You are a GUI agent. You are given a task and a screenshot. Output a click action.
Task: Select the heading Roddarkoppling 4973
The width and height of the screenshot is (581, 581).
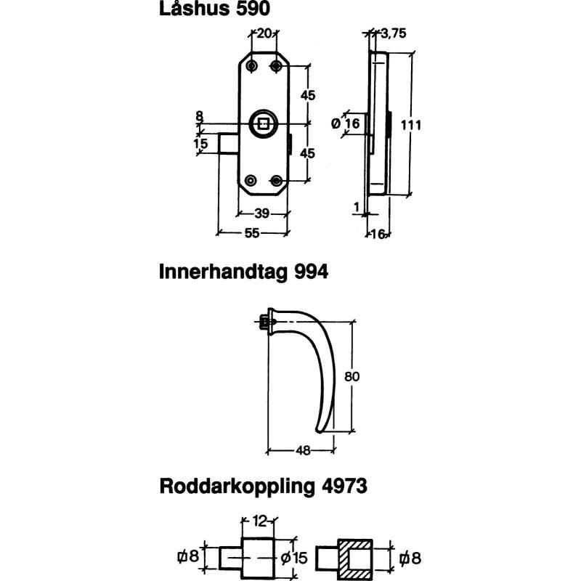click(x=263, y=486)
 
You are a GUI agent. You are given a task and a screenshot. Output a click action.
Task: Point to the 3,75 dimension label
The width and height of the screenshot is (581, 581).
click(x=393, y=33)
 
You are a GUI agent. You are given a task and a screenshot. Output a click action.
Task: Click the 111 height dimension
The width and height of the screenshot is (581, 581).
click(x=411, y=124)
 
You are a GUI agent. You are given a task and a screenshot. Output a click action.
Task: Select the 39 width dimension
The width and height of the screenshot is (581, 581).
click(x=262, y=213)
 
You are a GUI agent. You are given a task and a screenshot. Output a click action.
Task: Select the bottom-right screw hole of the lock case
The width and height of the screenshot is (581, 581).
click(x=276, y=180)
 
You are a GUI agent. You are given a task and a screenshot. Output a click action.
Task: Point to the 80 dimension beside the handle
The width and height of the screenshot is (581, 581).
click(x=353, y=376)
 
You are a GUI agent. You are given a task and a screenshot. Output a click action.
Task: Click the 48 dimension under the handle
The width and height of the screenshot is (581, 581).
click(x=304, y=450)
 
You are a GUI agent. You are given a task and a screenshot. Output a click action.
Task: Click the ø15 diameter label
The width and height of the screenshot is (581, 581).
click(x=295, y=558)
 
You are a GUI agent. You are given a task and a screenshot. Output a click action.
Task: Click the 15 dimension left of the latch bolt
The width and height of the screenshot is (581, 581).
click(x=201, y=144)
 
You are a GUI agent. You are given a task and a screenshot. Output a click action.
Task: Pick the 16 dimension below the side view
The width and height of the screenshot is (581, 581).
click(x=378, y=233)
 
